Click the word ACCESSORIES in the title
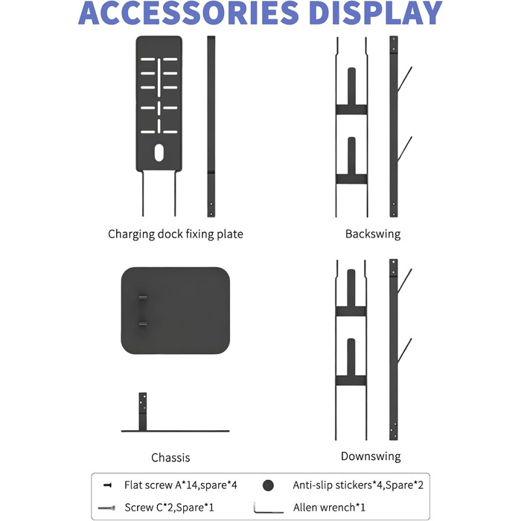188,13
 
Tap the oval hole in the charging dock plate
159,153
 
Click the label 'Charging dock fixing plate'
176,234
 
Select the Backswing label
373,234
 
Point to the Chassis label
170,458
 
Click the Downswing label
371,456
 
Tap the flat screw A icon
107,485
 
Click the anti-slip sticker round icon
268,485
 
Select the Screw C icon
106,508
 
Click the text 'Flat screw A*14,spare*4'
181,485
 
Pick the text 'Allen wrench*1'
329,508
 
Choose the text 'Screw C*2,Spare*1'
170,508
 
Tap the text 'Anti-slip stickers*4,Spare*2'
358,485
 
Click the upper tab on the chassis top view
143,297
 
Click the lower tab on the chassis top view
143,324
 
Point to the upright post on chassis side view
143,412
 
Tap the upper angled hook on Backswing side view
405,80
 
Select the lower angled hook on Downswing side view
405,351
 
